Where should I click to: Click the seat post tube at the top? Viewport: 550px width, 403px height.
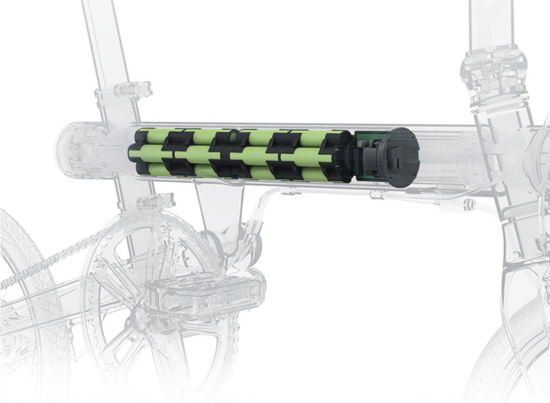click(97, 32)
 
